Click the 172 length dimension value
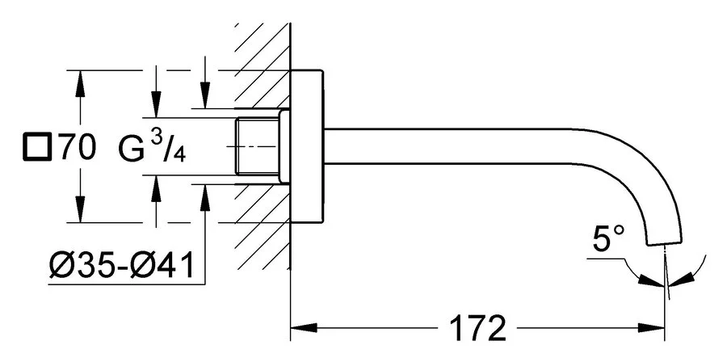[477, 329]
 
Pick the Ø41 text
[162, 265]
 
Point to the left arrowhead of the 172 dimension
[299, 328]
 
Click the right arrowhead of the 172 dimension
[656, 328]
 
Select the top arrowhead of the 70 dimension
[81, 78]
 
